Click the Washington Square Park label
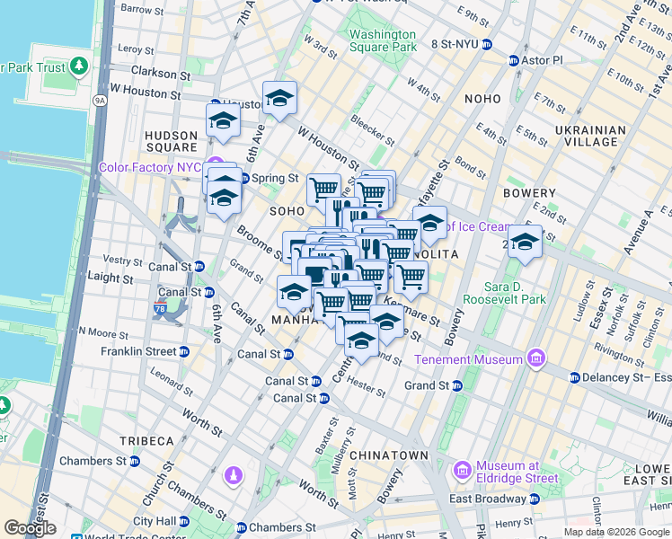click(x=383, y=40)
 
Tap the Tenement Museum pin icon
click(x=536, y=358)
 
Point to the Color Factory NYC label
click(x=149, y=167)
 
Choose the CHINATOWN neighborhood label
click(x=389, y=455)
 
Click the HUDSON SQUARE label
click(x=171, y=141)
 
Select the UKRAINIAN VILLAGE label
click(x=591, y=136)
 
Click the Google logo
click(x=31, y=529)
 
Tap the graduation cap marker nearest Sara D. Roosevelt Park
click(x=525, y=241)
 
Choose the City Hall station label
click(x=155, y=521)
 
